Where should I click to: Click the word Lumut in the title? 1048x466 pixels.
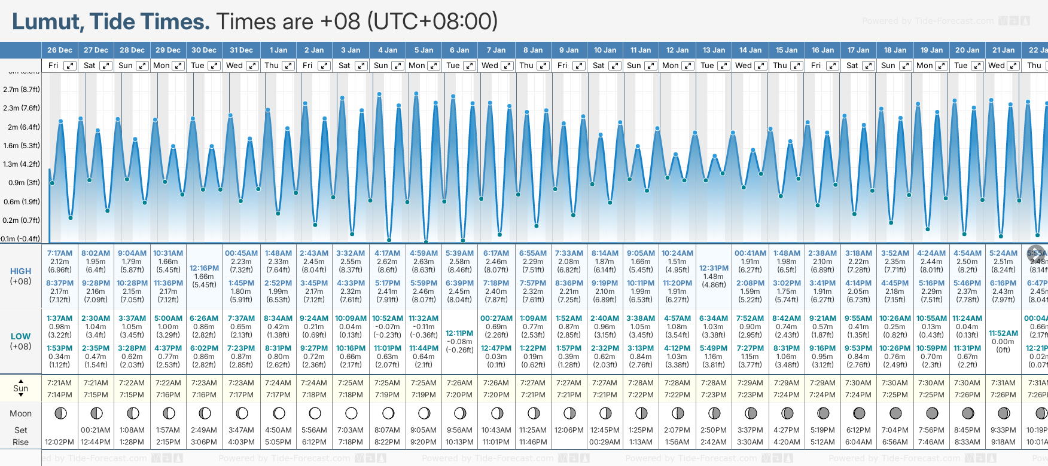[48, 22]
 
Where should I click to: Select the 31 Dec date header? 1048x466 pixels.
[241, 50]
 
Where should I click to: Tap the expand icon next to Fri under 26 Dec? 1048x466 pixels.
[70, 66]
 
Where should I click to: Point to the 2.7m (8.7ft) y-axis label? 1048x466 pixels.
[22, 90]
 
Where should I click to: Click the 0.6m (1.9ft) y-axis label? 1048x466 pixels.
[22, 202]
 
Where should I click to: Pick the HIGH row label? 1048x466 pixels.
[21, 271]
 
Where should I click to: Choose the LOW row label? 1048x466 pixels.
[21, 336]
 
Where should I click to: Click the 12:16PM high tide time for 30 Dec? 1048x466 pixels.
[204, 268]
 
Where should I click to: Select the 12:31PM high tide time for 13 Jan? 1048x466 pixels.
[714, 268]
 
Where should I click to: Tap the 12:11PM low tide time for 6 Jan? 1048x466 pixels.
[459, 333]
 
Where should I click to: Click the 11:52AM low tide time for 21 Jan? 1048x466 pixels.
[1003, 333]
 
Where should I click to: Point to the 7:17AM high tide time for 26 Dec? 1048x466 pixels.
[60, 253]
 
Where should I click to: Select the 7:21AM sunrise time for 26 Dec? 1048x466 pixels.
[60, 383]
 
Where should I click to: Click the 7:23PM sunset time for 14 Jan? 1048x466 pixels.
[750, 395]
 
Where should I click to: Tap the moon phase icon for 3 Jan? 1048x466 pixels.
[351, 413]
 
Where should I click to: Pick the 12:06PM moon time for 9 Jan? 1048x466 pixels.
[569, 430]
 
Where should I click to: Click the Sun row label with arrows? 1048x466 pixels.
[21, 388]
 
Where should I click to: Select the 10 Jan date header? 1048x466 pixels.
[605, 50]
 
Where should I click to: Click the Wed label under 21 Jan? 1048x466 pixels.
[997, 66]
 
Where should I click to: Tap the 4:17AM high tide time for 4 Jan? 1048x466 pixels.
[388, 253]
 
